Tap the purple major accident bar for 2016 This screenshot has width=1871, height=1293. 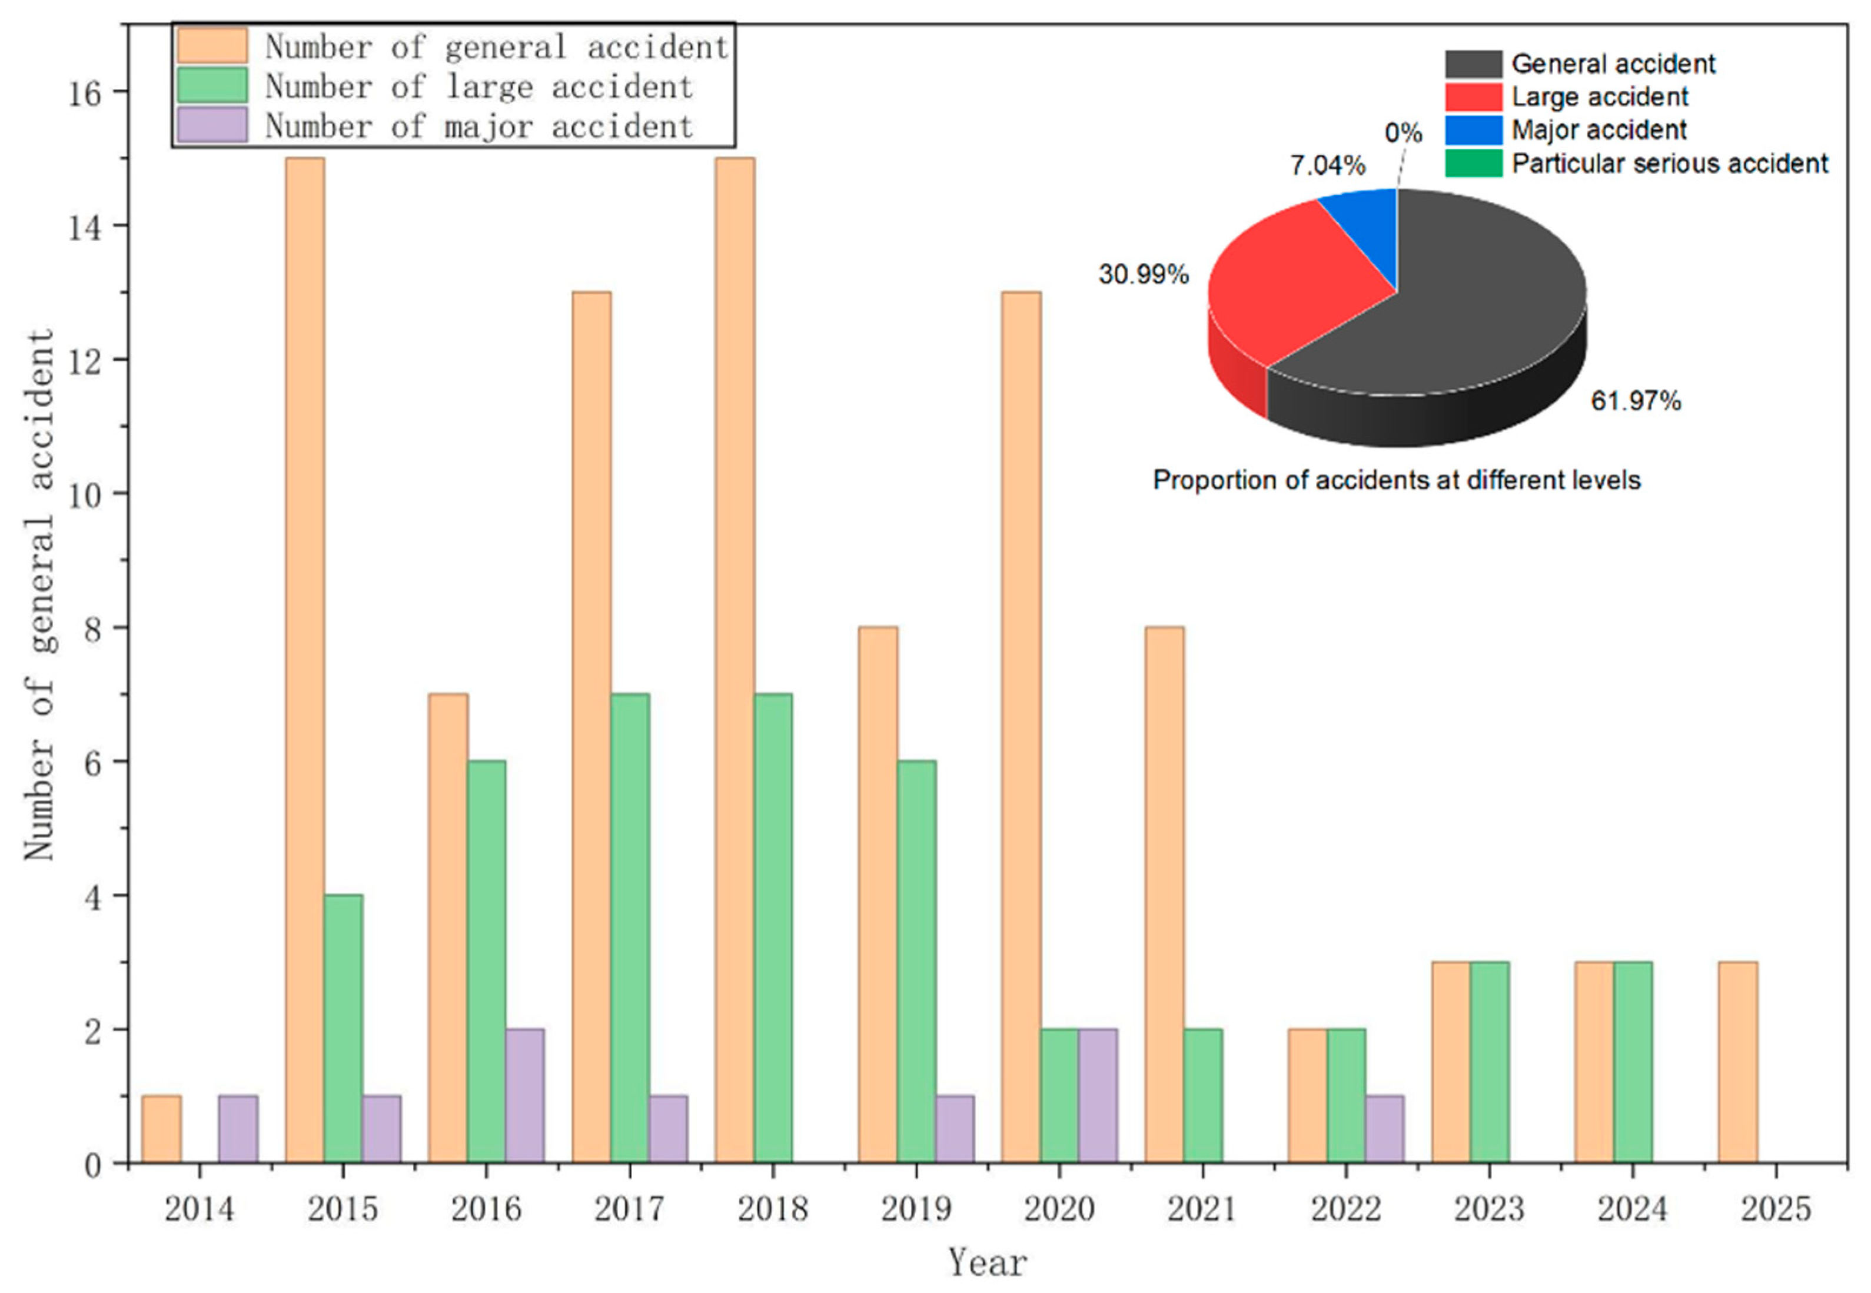pos(525,1095)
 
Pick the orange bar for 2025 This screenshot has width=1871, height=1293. pos(1738,1061)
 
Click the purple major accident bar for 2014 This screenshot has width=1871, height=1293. pos(238,1129)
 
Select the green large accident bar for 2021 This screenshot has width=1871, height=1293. pos(1203,1095)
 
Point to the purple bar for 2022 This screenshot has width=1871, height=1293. pos(1384,1129)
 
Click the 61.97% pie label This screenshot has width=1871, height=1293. pos(1636,401)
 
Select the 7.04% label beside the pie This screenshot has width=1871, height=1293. pos(1327,166)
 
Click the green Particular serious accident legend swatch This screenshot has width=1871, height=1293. pos(1473,163)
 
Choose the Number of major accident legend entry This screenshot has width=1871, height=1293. pos(478,127)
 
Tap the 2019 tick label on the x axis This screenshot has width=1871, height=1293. pos(915,1209)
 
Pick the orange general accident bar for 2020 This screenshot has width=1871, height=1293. pos(1021,727)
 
